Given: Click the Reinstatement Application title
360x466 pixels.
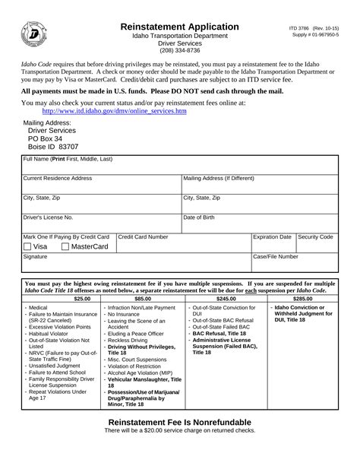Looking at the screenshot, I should pyautogui.click(x=180, y=27).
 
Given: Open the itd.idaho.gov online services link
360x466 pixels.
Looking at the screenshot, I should pyautogui.click(x=109, y=111).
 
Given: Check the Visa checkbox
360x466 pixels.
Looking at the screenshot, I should pyautogui.click(x=28, y=247).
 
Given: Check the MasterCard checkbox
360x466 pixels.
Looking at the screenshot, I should pyautogui.click(x=65, y=247).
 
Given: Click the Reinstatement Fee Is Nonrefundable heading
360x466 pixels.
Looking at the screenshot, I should pyautogui.click(x=180, y=443).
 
